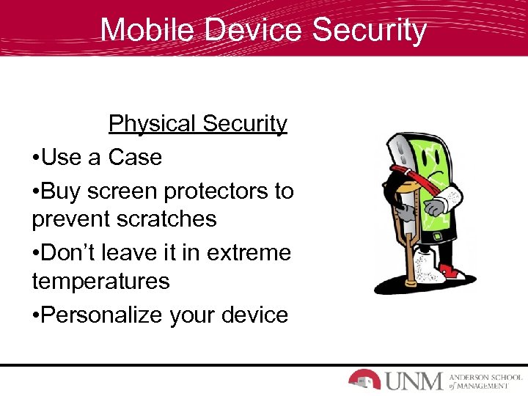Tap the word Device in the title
[x=252, y=31]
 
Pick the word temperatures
[x=101, y=281]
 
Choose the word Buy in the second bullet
[x=63, y=191]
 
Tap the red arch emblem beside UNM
[x=364, y=379]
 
